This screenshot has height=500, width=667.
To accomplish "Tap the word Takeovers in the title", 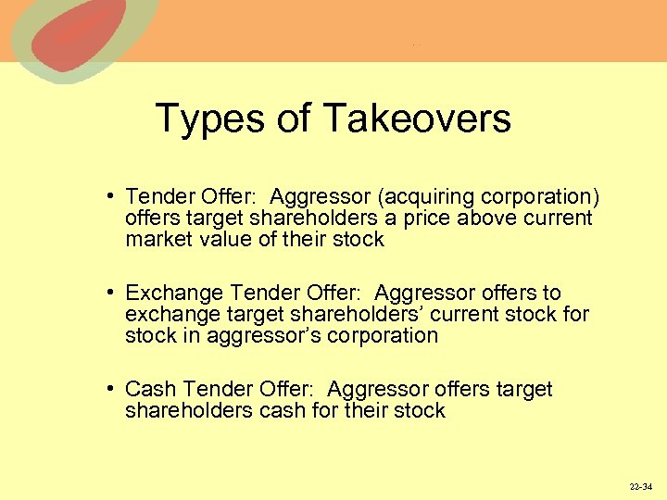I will [x=417, y=119].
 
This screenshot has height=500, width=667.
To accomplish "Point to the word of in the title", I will [x=300, y=119].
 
